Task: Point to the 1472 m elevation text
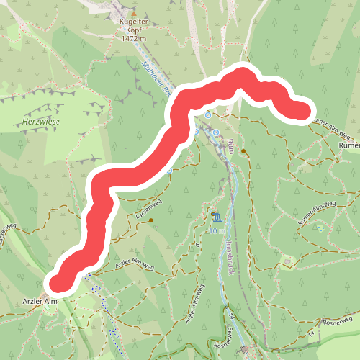[133, 39]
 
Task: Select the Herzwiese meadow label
[41, 123]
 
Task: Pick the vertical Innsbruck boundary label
[228, 256]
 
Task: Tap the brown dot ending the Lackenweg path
[151, 221]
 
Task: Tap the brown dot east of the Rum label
[244, 151]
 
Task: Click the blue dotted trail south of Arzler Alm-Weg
[108, 310]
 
